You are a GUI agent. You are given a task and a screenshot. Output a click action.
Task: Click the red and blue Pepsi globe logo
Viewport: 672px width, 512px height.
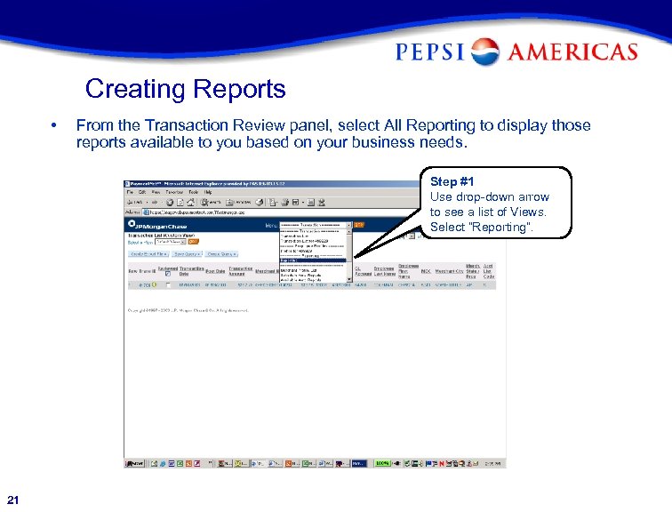click(485, 52)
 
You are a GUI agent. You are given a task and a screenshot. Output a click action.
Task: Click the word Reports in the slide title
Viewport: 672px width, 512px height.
click(238, 90)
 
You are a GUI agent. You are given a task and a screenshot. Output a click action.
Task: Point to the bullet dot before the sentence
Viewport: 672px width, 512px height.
click(55, 125)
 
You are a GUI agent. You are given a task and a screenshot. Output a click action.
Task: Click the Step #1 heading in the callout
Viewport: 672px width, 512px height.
click(452, 181)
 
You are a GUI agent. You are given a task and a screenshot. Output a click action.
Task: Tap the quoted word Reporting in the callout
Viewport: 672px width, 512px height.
click(503, 227)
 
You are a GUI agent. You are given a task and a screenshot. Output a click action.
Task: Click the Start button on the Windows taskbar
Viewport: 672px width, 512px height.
click(135, 463)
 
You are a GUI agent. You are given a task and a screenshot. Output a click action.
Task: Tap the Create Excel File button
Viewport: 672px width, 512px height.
click(147, 253)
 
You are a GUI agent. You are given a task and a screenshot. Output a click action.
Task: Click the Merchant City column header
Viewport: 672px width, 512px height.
click(450, 270)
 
